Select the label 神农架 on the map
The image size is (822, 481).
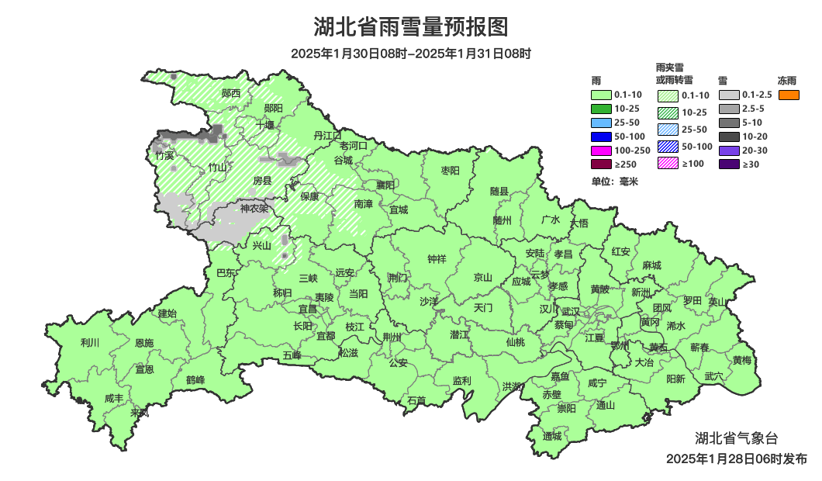tap(254, 208)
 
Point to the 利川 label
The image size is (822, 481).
tap(90, 342)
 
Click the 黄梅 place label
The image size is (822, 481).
tap(741, 360)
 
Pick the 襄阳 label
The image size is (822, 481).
tap(385, 185)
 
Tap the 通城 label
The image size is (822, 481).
tap(551, 436)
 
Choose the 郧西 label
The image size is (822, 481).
tap(230, 93)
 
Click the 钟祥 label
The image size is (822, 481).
tap(437, 259)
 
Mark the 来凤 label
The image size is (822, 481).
tap(140, 412)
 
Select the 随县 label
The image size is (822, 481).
tap(499, 191)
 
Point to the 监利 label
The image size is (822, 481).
tap(461, 380)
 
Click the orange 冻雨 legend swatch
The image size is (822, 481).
tap(789, 95)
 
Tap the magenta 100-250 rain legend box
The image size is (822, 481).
tap(602, 150)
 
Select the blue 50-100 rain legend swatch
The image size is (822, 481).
tap(602, 137)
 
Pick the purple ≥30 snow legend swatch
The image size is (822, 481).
tap(729, 164)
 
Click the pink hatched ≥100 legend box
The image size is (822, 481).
tap(668, 164)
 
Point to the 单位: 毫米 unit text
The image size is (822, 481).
tap(614, 182)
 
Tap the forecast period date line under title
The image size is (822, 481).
tap(410, 54)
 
